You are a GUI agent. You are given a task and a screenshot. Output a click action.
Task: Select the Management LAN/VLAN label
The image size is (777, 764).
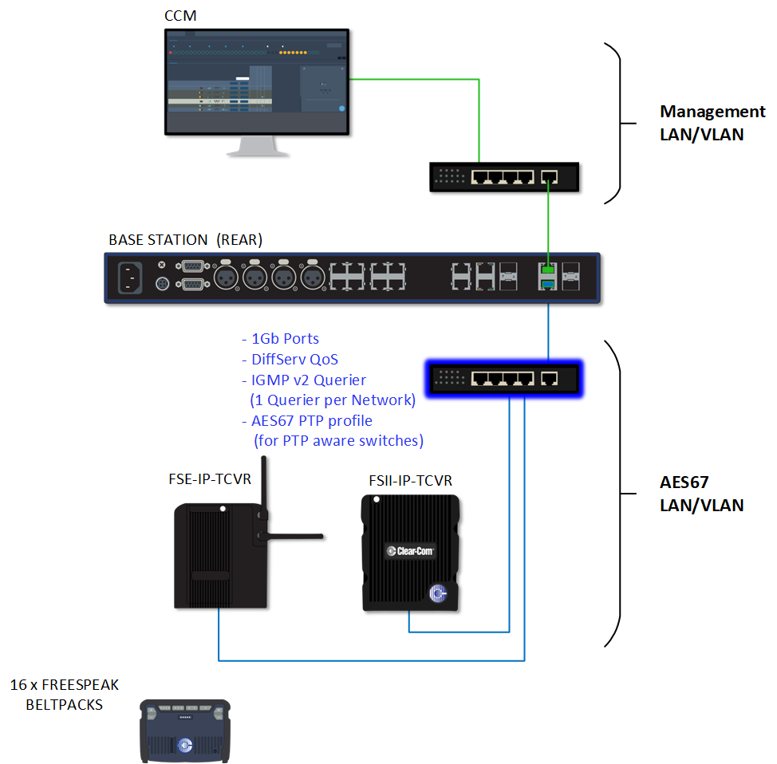(701, 123)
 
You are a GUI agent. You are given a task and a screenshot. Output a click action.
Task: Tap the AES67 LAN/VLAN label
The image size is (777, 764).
(701, 494)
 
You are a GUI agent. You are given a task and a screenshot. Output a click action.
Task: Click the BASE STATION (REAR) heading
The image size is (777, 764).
(185, 240)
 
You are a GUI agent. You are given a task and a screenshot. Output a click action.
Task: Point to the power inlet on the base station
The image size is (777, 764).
(131, 277)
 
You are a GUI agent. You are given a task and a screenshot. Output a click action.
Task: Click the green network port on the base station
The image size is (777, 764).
(548, 270)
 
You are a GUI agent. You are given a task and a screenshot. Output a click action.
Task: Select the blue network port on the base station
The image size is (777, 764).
(548, 286)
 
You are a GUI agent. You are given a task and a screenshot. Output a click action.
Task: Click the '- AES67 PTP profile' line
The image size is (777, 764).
(306, 420)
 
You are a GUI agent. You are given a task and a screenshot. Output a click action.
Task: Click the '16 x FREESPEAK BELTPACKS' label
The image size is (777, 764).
(64, 695)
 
